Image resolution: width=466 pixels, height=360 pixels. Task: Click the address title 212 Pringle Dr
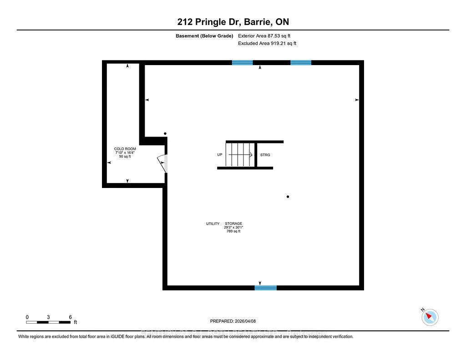tap(233, 22)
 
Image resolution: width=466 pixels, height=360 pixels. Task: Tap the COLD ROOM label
tap(125, 149)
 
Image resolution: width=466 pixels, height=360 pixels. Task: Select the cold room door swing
tap(162, 163)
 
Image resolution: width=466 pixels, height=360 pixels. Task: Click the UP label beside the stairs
tap(220, 155)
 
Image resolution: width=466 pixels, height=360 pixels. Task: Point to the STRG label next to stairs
tap(265, 155)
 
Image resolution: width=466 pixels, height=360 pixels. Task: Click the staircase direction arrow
tap(241, 155)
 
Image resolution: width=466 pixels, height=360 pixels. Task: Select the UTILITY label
tap(213, 224)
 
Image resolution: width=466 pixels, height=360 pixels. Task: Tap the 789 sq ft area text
tap(233, 232)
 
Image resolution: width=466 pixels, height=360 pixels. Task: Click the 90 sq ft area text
tap(125, 157)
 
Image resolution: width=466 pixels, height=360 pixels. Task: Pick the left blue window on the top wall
tap(242, 63)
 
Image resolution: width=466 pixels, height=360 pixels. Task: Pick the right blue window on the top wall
tap(301, 63)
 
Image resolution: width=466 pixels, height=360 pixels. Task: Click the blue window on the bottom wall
tap(265, 288)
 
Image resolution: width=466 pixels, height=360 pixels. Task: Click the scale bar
tap(49, 322)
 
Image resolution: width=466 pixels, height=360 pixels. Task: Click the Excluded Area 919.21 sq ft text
tap(267, 44)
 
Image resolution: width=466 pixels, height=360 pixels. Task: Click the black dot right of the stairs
tap(288, 197)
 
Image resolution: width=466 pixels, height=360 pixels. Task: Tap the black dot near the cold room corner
tap(165, 134)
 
